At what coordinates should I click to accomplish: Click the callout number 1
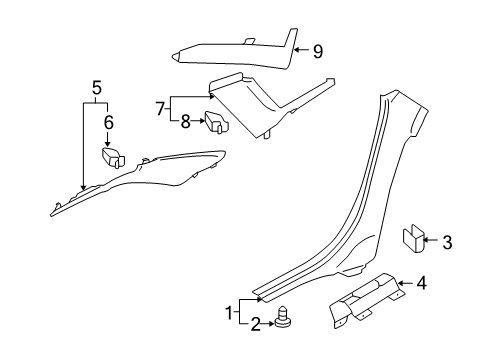229,313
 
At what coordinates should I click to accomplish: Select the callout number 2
256,324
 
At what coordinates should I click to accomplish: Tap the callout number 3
447,242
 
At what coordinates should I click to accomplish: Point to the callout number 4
422,283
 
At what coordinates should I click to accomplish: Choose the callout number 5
96,88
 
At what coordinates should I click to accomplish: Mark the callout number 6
109,122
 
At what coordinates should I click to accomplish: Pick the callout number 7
160,109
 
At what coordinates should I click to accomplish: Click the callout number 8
186,122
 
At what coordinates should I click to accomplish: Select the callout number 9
318,51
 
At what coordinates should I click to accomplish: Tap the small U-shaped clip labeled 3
412,238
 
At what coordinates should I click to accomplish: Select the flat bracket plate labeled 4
366,300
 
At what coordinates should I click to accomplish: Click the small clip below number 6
113,157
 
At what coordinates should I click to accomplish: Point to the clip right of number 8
217,122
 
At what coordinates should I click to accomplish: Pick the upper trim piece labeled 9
235,49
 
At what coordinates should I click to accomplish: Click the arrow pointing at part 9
301,50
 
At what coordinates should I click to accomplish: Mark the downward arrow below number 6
107,139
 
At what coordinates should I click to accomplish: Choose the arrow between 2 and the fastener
268,323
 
